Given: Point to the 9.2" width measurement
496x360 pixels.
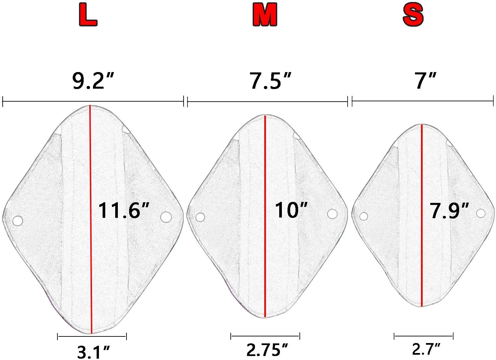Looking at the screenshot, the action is pyautogui.click(x=93, y=81).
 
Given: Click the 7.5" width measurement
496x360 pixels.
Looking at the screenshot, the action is pyautogui.click(x=271, y=81).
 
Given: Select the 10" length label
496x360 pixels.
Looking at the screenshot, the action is pyautogui.click(x=291, y=210).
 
